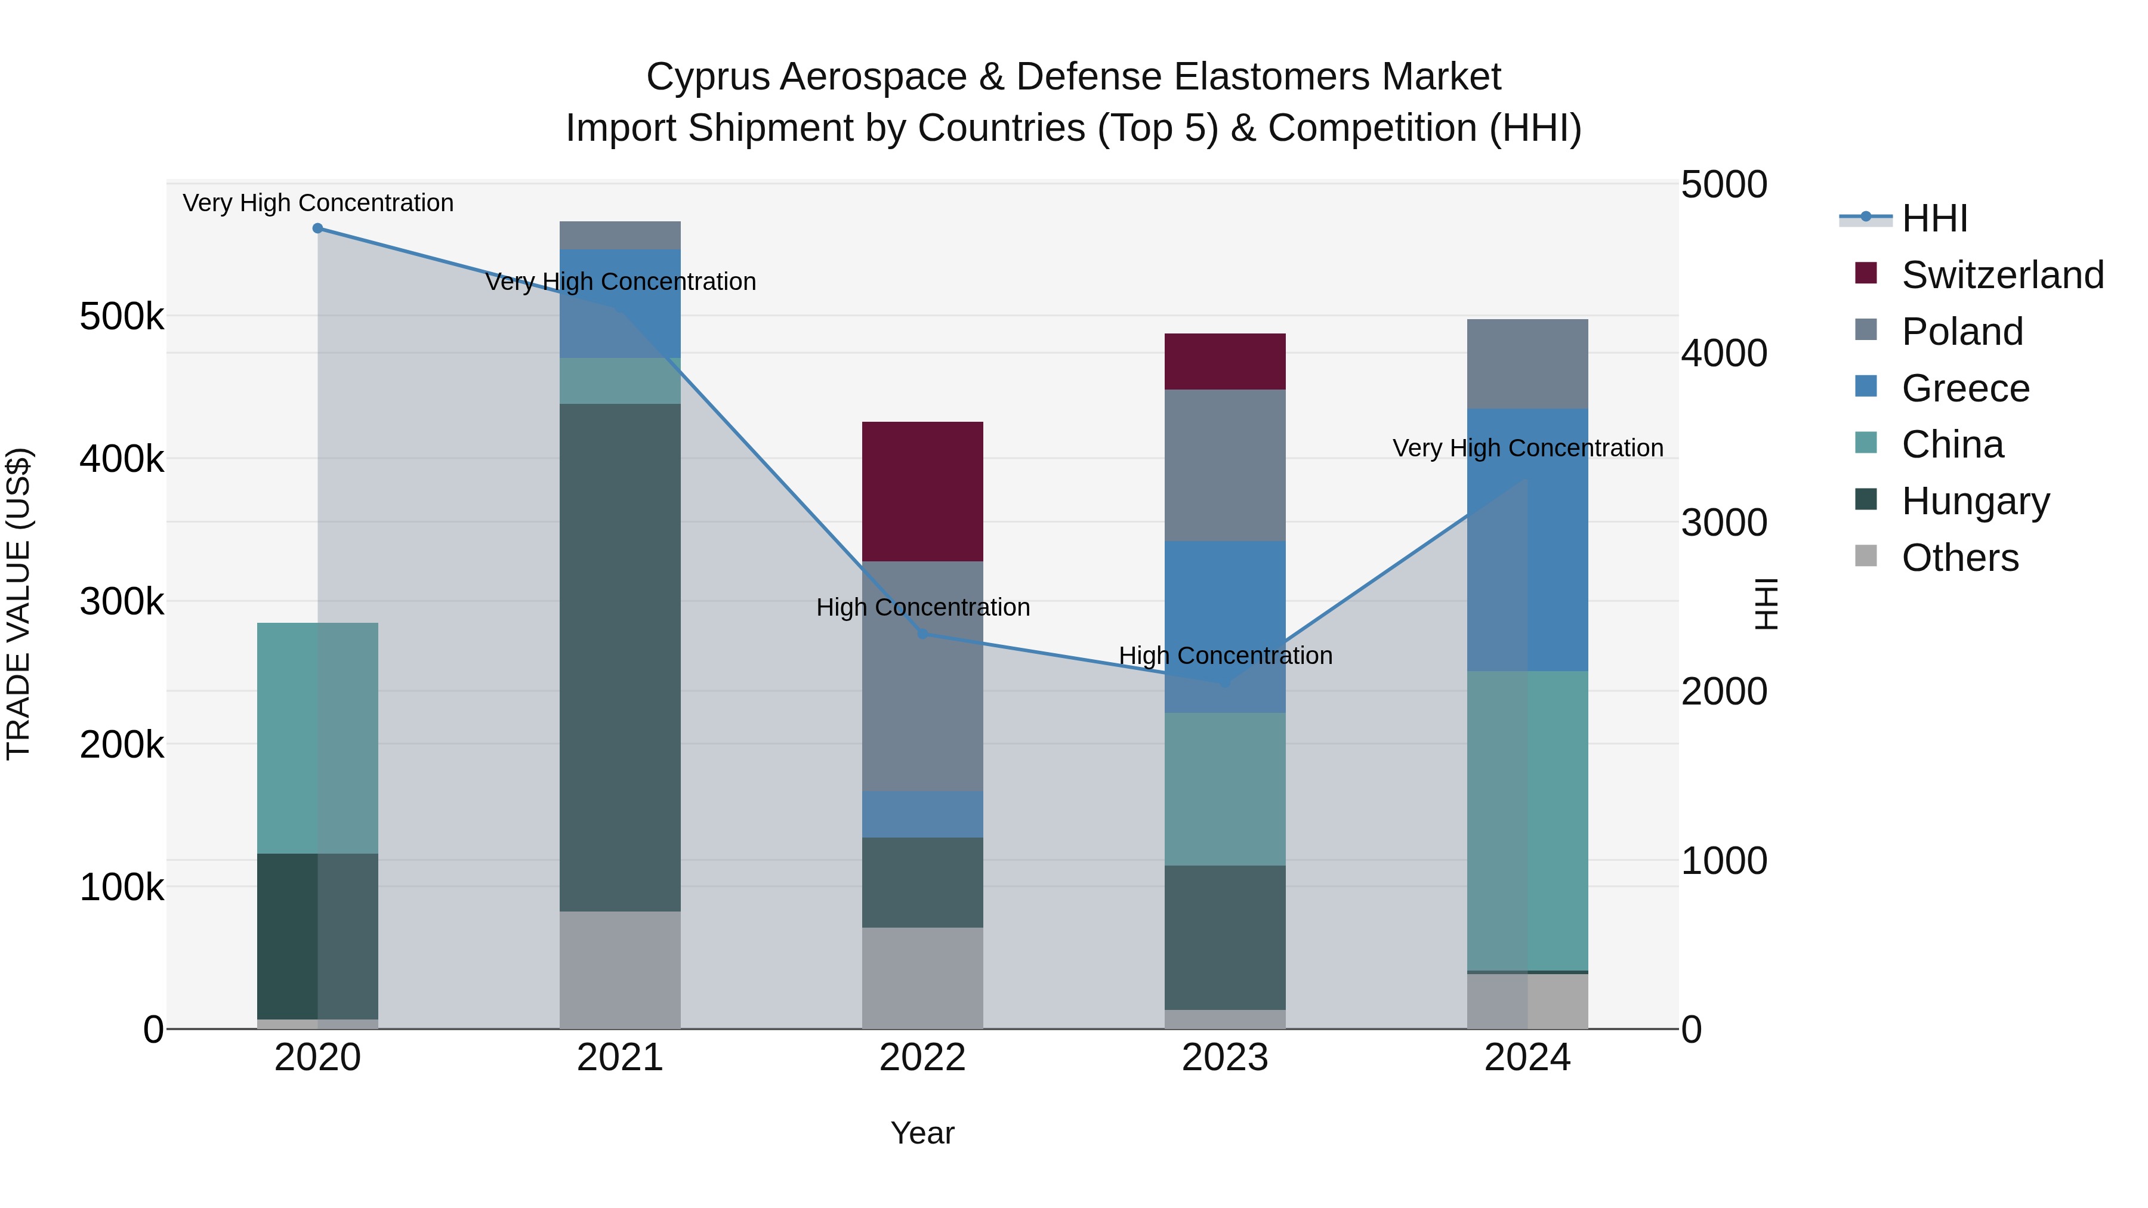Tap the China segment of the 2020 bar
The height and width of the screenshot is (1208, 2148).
pyautogui.click(x=317, y=738)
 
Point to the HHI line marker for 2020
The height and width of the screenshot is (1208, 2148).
pyautogui.click(x=317, y=228)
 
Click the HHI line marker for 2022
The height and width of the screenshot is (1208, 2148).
pyautogui.click(x=922, y=635)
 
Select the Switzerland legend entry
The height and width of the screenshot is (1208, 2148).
pyautogui.click(x=2001, y=275)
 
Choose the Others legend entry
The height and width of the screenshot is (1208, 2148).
pyautogui.click(x=1959, y=558)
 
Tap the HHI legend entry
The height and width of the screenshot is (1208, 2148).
pyautogui.click(x=1934, y=218)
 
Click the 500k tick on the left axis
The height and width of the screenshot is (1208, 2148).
pyautogui.click(x=122, y=317)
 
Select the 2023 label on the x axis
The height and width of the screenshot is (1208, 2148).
pyautogui.click(x=1225, y=1058)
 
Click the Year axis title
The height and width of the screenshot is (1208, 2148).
pyautogui.click(x=922, y=1133)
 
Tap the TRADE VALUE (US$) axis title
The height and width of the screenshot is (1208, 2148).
pyautogui.click(x=18, y=604)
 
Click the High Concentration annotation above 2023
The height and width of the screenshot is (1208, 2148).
pyautogui.click(x=1225, y=656)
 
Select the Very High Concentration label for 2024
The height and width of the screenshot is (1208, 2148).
pyautogui.click(x=1527, y=449)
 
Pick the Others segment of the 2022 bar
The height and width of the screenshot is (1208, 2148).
pyautogui.click(x=922, y=977)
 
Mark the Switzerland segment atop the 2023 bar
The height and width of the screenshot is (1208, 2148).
pyautogui.click(x=1225, y=361)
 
